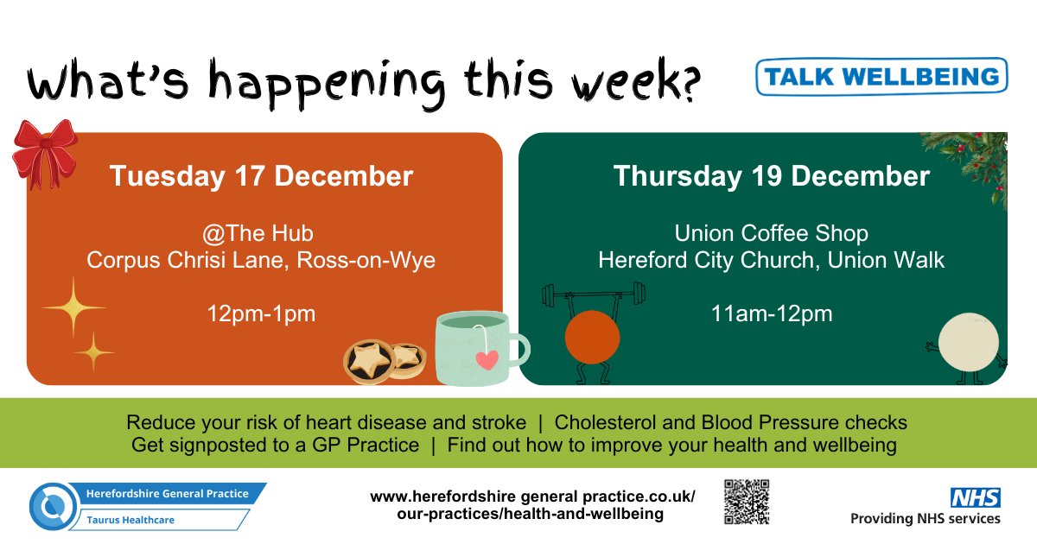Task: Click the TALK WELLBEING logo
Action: click(x=881, y=76)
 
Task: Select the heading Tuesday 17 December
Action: click(x=261, y=176)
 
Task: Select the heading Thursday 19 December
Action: click(x=771, y=176)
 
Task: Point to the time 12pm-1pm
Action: click(x=261, y=313)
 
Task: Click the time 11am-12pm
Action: click(x=771, y=313)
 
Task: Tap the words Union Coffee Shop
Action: click(x=771, y=233)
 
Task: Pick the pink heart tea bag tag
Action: click(x=487, y=360)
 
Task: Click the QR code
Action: click(x=746, y=502)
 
